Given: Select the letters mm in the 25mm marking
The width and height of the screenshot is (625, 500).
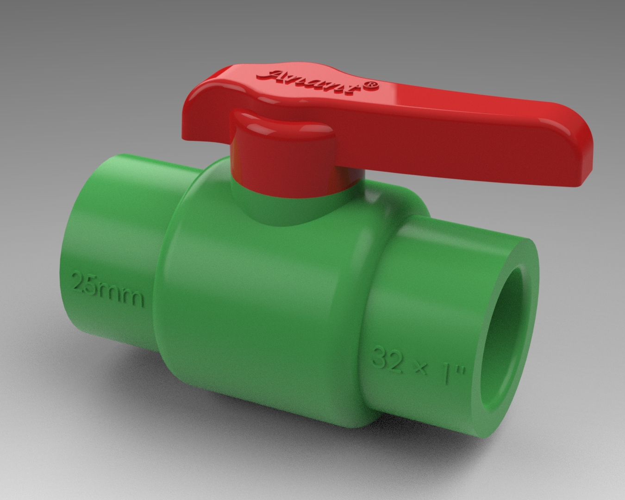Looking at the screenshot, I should click(x=124, y=294).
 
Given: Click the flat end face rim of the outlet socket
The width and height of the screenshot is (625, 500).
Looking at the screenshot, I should click(x=532, y=278).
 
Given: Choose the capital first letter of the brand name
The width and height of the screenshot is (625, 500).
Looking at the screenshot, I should click(x=278, y=75).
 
